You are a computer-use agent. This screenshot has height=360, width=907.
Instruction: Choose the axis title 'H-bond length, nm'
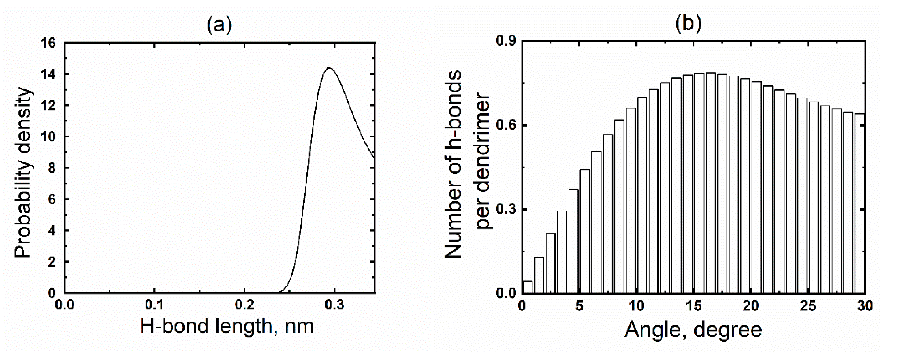pyautogui.click(x=226, y=326)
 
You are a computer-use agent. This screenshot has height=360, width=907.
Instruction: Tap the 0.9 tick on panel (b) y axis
pyautogui.click(x=506, y=42)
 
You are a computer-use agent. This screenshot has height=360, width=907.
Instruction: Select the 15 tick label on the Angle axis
pyautogui.click(x=694, y=306)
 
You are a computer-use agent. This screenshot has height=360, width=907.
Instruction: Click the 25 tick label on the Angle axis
pyautogui.click(x=808, y=306)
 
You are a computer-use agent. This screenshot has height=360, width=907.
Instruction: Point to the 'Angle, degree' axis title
pyautogui.click(x=693, y=330)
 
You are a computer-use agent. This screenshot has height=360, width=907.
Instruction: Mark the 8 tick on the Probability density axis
pyautogui.click(x=51, y=168)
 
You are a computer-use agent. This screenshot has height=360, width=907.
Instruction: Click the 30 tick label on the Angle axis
pyautogui.click(x=864, y=306)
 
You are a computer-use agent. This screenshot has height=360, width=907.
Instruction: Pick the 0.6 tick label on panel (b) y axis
pyautogui.click(x=506, y=126)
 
